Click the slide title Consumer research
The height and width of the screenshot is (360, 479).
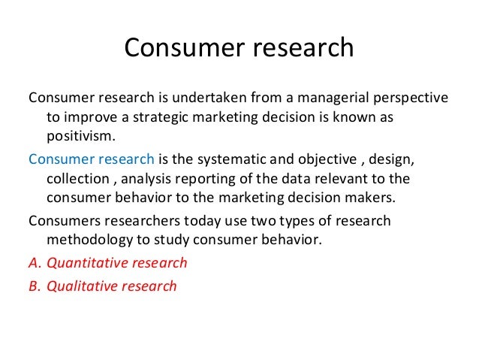pos(239,47)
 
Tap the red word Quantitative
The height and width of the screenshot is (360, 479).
pos(91,263)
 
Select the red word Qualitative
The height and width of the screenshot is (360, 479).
pos(86,286)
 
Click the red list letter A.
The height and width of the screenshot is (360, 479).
pos(32,263)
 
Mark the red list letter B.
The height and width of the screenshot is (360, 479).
pos(32,286)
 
